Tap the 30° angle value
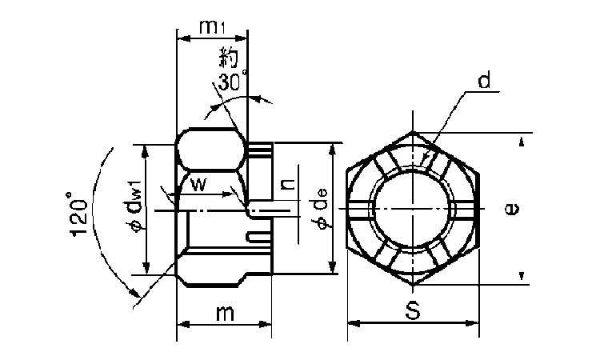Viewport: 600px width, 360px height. point(231,81)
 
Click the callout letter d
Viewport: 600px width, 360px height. point(485,81)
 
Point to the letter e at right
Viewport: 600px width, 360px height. point(512,209)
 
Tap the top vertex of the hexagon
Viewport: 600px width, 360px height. point(414,132)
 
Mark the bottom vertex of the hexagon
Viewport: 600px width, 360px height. point(414,286)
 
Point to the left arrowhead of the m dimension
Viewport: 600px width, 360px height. point(182,324)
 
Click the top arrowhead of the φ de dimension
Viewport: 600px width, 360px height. point(333,149)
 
